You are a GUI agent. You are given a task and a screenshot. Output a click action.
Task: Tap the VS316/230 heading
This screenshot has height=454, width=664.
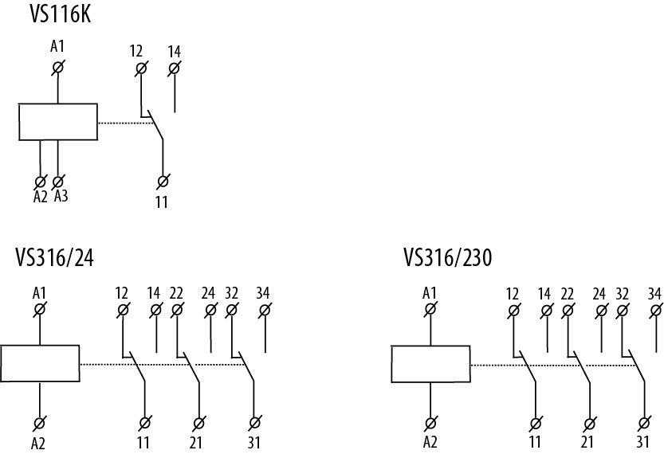(448, 258)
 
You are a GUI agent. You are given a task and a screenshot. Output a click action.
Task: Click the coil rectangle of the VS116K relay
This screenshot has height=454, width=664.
(58, 122)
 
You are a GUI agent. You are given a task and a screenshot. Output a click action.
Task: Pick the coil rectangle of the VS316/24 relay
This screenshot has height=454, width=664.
(40, 365)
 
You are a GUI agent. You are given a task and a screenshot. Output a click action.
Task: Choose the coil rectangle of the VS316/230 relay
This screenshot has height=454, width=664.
(430, 365)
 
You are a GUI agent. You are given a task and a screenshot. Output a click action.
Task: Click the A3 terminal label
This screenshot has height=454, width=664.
(61, 197)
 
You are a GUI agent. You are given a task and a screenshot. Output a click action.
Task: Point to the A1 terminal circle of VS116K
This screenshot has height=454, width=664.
(57, 68)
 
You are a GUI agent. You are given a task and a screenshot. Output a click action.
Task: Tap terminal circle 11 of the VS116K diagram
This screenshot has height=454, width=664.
(163, 182)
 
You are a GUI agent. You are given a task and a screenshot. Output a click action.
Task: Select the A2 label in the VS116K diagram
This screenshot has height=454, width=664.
(41, 197)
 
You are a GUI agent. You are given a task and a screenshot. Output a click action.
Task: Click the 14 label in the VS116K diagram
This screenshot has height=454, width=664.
(175, 52)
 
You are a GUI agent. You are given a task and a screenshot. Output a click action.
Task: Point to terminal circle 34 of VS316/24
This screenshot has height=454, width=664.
(264, 310)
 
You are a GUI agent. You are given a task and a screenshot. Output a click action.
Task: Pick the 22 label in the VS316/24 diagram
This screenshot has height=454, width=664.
(177, 293)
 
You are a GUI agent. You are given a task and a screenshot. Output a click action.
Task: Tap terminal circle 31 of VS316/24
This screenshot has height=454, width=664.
(254, 422)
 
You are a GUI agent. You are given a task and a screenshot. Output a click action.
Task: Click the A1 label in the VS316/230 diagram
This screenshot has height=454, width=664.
(430, 293)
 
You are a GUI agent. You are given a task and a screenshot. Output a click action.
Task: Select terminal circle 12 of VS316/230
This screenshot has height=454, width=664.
(513, 310)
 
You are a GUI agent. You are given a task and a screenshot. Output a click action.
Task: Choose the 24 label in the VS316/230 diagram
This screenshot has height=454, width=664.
(599, 293)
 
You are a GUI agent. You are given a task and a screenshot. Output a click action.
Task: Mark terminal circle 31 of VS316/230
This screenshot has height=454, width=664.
(644, 422)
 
